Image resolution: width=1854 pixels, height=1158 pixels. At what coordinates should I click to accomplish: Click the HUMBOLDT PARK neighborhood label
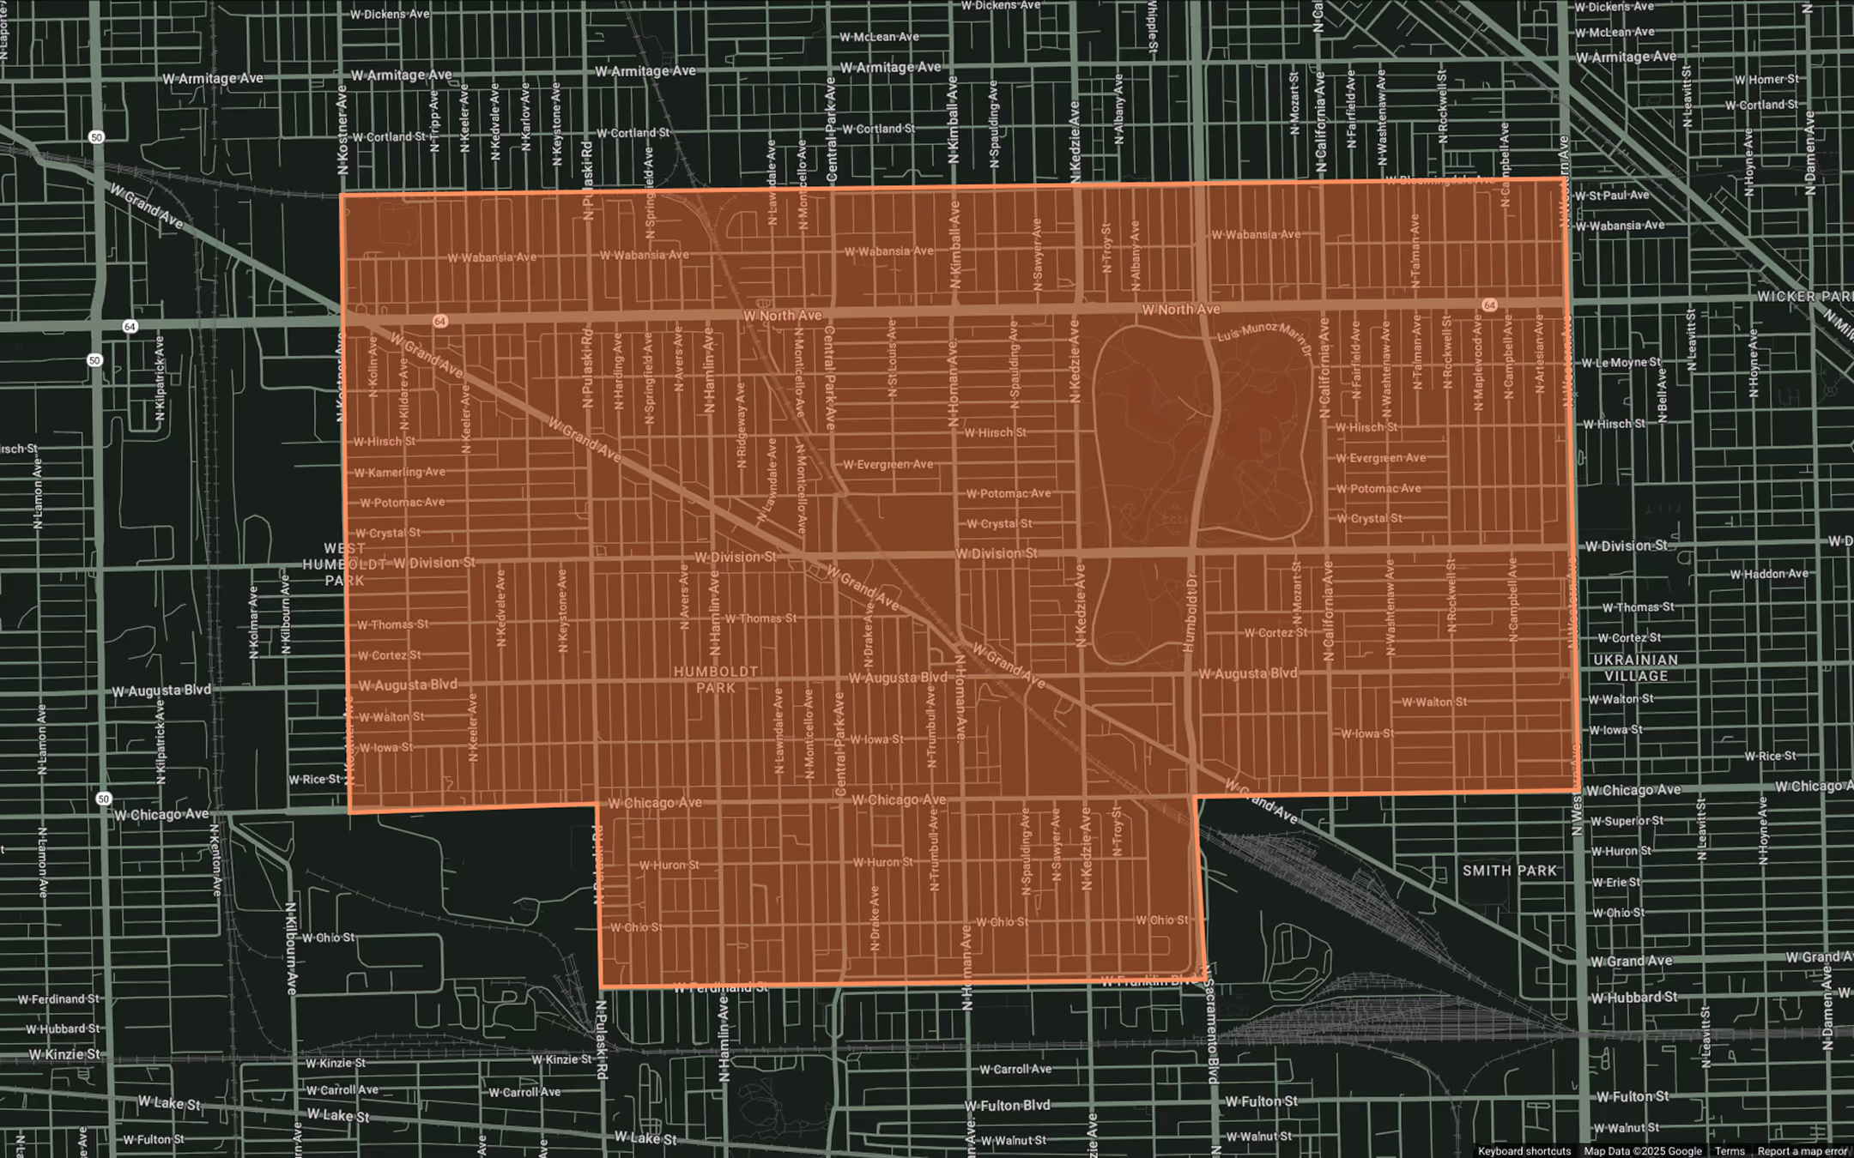coord(716,679)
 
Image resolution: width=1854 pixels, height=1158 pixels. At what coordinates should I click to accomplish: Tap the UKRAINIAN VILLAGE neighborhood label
coord(1636,667)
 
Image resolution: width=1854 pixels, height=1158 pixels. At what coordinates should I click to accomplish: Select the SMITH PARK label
coord(1509,871)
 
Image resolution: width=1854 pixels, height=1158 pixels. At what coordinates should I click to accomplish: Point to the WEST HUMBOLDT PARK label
coord(344,564)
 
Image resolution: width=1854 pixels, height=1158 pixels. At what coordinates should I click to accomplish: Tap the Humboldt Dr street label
coord(1191,612)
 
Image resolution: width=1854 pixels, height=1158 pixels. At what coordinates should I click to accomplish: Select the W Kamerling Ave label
coord(400,472)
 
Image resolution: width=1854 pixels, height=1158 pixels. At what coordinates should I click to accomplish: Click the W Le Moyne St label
coord(1621,362)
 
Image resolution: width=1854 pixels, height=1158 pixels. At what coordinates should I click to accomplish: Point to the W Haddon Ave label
coord(1768,574)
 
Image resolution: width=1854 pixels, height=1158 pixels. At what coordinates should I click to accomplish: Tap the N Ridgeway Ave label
coord(742,425)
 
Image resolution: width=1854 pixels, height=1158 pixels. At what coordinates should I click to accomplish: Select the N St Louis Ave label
coord(892,359)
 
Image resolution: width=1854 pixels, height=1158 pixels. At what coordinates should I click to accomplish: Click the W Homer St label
coord(1766,79)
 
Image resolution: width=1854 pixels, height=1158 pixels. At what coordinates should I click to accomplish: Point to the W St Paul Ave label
coord(1612,195)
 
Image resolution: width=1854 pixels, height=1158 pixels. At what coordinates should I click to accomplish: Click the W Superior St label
coord(1627,821)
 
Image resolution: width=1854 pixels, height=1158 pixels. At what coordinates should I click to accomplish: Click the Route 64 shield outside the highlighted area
coord(130,326)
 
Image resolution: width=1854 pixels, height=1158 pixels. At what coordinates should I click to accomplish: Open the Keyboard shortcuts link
coord(1524,1151)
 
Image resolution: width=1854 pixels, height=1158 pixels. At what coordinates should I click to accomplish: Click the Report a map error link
coord(1802,1151)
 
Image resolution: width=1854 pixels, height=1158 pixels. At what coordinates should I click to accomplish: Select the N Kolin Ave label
coord(373,367)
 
